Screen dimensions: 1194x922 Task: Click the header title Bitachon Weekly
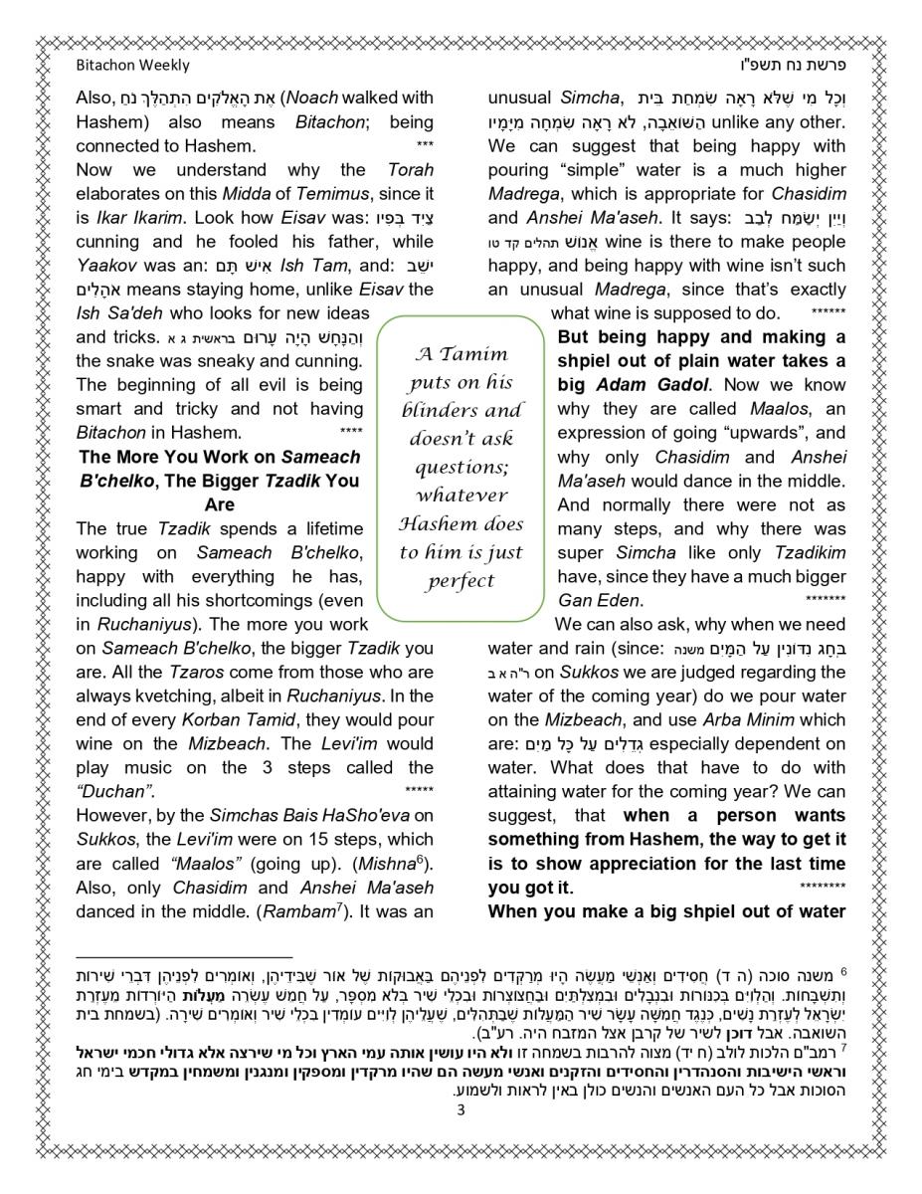[132, 66]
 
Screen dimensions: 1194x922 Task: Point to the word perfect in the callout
[460, 581]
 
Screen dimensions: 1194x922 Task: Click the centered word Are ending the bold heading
[219, 504]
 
